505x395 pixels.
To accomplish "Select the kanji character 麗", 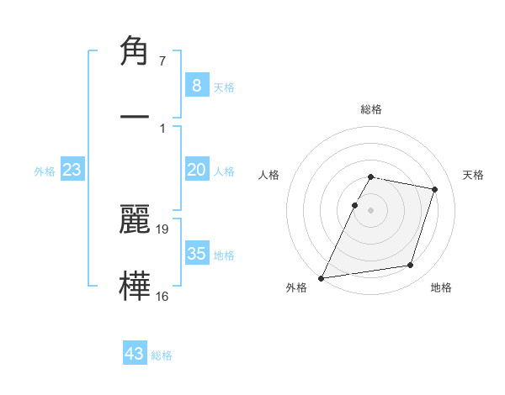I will click(138, 219).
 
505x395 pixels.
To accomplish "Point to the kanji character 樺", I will click(138, 284).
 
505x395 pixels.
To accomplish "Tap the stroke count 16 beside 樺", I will click(162, 296).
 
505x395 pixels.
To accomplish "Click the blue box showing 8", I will click(196, 86).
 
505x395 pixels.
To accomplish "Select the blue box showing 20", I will click(196, 170).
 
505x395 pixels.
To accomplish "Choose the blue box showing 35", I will click(196, 254).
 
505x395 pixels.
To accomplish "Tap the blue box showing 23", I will click(72, 170).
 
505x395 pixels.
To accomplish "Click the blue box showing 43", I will click(135, 354).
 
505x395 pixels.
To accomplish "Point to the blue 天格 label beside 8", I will click(224, 87).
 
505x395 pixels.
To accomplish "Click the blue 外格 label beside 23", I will click(45, 171).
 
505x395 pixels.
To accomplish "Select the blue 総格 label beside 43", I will click(162, 355).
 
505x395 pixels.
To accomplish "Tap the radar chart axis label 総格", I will click(371, 109).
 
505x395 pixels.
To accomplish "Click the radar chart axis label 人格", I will click(268, 175).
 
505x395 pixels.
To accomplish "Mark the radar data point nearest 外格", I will click(322, 277).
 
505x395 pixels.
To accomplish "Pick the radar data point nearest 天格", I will click(435, 189).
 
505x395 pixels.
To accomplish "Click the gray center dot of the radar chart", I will click(371, 209).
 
